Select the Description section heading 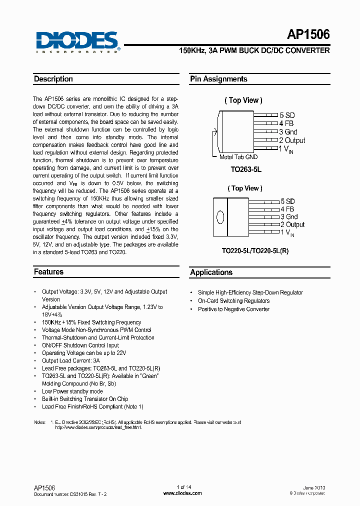click(x=53, y=79)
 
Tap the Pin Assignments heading click(x=218, y=79)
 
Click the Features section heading click(x=48, y=272)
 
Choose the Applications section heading click(x=211, y=272)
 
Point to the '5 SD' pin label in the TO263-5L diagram click(x=287, y=115)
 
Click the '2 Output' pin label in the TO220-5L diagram click(x=292, y=225)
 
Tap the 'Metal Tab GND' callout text click(x=239, y=157)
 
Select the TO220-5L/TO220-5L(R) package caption click(x=255, y=251)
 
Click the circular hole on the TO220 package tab click(x=219, y=217)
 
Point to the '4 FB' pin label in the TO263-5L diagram click(x=286, y=123)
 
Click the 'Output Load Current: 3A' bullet click(x=70, y=360)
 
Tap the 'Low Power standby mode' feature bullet click(x=72, y=391)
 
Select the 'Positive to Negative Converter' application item click(x=233, y=309)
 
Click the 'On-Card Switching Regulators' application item click(x=233, y=301)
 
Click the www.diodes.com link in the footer click(x=183, y=493)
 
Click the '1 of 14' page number click(x=183, y=487)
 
